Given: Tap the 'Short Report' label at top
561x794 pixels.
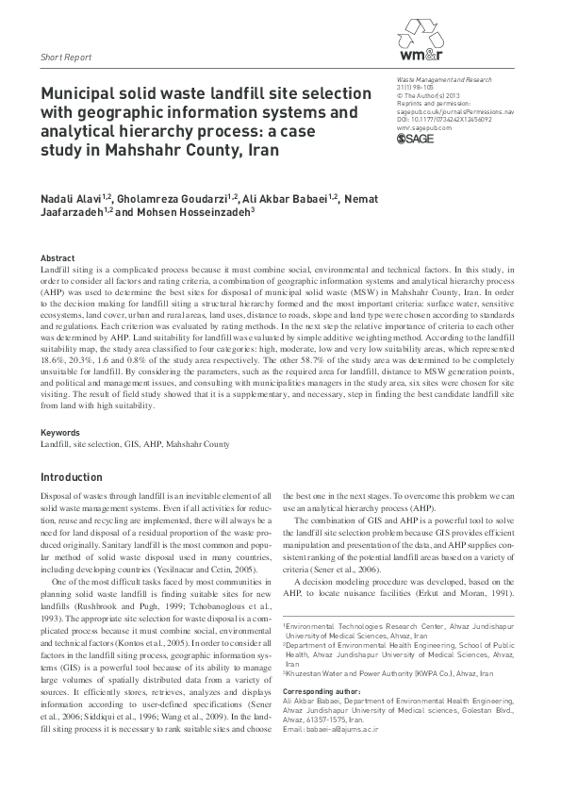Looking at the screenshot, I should (65, 58).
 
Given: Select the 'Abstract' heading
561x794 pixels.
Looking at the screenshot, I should (58, 257).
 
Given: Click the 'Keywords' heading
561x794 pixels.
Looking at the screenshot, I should (60, 433).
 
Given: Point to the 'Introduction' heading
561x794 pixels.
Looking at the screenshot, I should (72, 478).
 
